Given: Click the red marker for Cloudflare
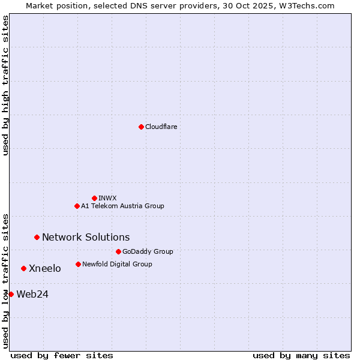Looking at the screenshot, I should [141, 127].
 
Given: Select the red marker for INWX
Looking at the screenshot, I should [94, 198].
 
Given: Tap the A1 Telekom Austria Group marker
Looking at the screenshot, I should [77, 206].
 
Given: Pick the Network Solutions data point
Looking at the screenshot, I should [37, 237].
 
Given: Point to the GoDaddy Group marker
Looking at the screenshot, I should [118, 251].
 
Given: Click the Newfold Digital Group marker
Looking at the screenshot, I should [78, 264].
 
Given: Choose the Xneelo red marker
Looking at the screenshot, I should [23, 268].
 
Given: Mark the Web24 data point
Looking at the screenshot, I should [11, 294].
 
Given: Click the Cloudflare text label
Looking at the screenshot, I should [161, 127].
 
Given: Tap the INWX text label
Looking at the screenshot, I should [107, 198].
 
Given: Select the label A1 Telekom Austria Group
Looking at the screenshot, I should [122, 206].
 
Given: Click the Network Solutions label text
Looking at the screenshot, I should [86, 237].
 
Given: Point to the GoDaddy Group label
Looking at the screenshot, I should [148, 251].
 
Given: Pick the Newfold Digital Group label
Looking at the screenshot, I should [117, 264].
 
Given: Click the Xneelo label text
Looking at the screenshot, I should [45, 268].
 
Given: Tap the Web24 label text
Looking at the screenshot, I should [32, 294].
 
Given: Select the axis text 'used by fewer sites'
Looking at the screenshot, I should [62, 355].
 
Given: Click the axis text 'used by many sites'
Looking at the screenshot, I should [301, 355].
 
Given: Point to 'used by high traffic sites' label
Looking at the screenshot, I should [6, 85].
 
